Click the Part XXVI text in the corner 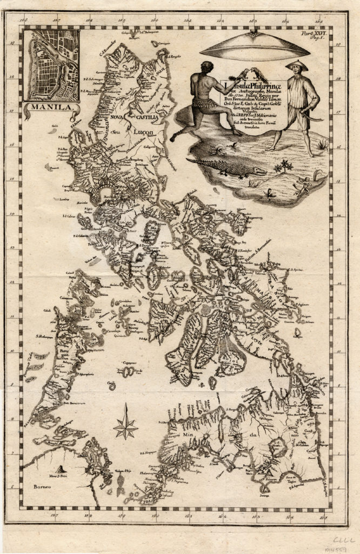coord(316,35)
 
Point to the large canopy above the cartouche coord(254,49)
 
